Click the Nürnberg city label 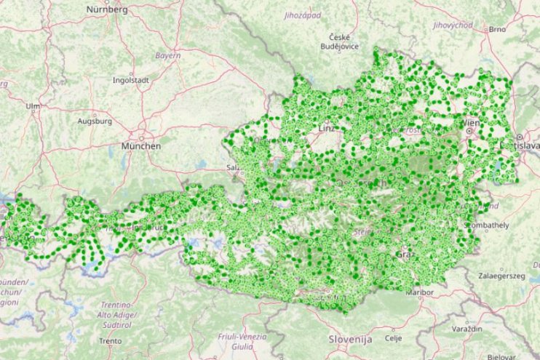coord(106,9)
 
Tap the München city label coord(140,145)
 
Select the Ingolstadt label coord(130,80)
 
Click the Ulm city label coord(33,106)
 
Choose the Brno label coord(498,29)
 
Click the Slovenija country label coord(350,340)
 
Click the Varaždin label coord(468,329)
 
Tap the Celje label coord(394,338)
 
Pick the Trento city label coord(111,340)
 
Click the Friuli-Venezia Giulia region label coord(242,341)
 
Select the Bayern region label coord(167,55)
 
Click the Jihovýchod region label coord(452,25)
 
